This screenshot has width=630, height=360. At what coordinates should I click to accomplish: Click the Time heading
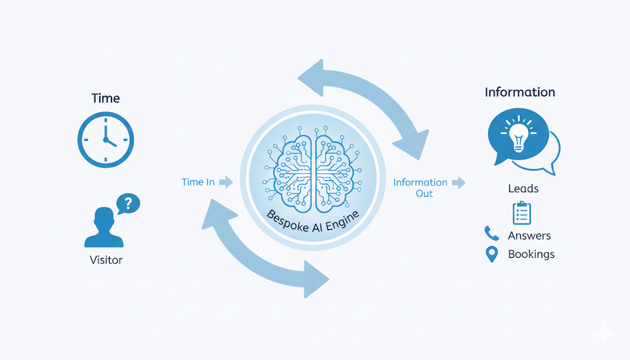point(105,98)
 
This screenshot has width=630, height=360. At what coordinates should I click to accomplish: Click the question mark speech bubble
point(128,202)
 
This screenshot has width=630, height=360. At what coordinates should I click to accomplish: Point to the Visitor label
point(106,260)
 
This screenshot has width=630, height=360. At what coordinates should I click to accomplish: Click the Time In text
point(198,182)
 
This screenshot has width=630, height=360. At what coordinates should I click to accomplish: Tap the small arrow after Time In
point(226,182)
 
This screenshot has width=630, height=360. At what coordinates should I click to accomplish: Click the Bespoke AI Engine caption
point(314,222)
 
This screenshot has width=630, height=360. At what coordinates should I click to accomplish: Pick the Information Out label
point(420,188)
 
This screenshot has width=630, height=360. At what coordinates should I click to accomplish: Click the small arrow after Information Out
point(458,182)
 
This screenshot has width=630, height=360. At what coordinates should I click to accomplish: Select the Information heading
point(520,92)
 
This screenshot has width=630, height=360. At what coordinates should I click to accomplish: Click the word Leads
point(524,188)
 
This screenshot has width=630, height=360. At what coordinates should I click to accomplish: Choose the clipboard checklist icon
point(522,212)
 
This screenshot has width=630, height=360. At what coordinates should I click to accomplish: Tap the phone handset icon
point(492,233)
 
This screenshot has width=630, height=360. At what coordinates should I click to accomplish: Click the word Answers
point(529,236)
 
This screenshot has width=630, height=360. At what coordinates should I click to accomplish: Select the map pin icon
point(491,254)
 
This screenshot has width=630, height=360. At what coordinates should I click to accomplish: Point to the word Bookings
point(531,254)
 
